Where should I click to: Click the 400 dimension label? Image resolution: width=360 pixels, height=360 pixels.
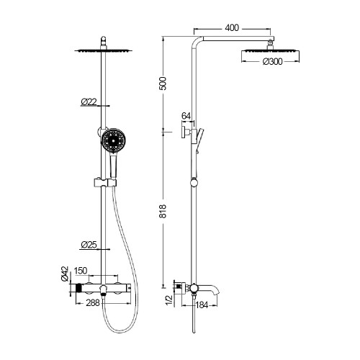coord(232,28)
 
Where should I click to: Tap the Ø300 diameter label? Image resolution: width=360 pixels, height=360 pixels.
coord(273,62)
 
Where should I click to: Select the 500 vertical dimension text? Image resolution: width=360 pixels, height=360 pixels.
coord(163,84)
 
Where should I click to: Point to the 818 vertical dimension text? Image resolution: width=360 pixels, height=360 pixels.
coord(163,211)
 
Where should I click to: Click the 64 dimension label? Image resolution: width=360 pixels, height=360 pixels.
coord(186,116)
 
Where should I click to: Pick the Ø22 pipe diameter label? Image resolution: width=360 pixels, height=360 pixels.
coord(89,102)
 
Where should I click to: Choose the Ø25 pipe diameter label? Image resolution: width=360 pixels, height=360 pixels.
coord(89,245)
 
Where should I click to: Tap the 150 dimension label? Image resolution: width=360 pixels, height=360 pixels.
coord(81,271)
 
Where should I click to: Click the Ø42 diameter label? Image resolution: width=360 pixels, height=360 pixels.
coord(65,274)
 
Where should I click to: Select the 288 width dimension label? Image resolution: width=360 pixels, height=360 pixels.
coord(93,303)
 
